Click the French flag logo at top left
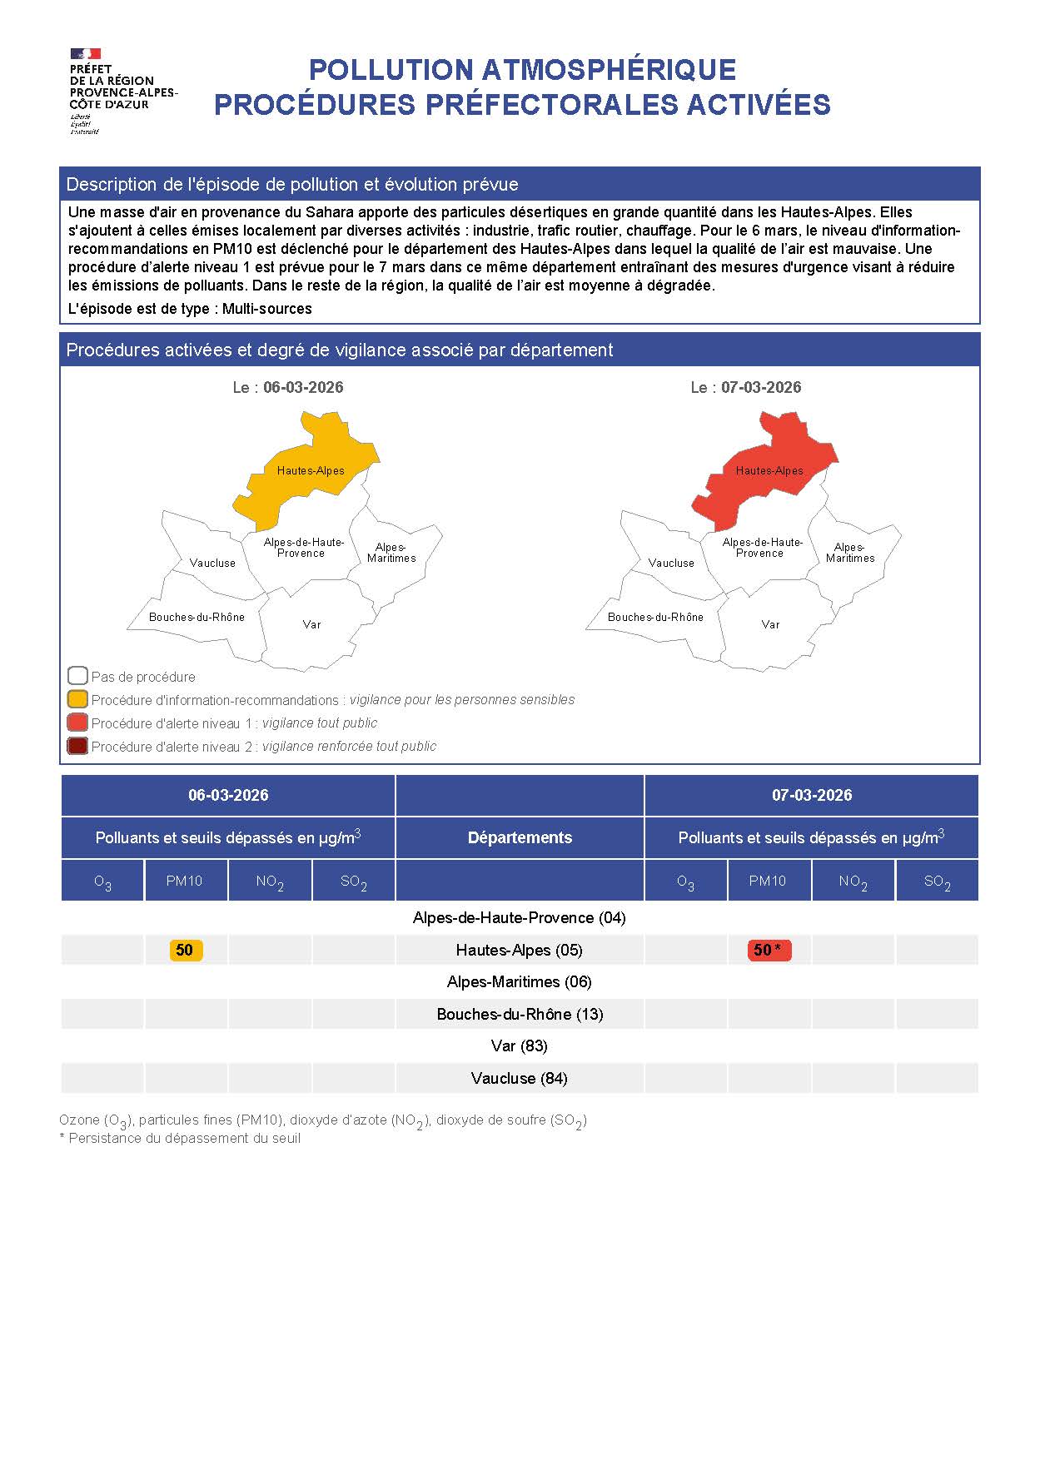click(x=85, y=54)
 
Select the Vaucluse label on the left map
click(x=212, y=563)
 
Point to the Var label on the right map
click(x=770, y=624)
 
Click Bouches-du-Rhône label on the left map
click(x=197, y=617)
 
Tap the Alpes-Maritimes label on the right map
click(x=850, y=553)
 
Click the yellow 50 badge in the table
click(x=185, y=950)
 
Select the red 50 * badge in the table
click(x=768, y=950)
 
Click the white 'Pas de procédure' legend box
click(x=77, y=676)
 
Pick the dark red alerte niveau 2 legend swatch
click(x=77, y=746)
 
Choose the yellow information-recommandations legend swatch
click(x=77, y=699)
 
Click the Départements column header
click(x=520, y=837)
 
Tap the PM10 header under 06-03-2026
click(x=185, y=881)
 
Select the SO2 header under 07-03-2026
click(x=937, y=881)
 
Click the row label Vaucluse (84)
click(x=519, y=1078)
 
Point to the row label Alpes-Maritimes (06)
click(x=519, y=982)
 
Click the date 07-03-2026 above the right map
click(x=761, y=387)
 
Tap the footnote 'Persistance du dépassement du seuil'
click(x=184, y=1138)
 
